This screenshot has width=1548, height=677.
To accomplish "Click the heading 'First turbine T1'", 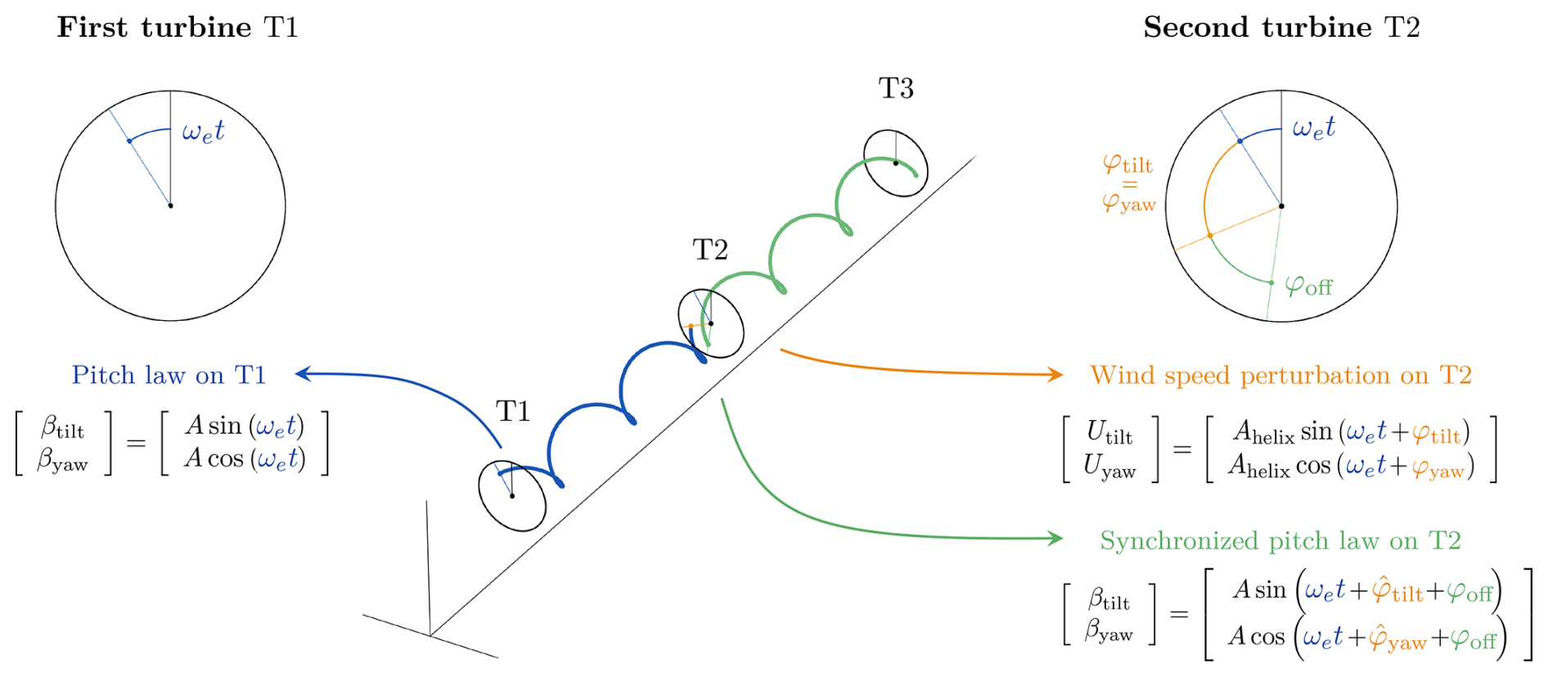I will (x=178, y=28).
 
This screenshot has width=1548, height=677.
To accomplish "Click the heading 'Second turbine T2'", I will (x=1281, y=28).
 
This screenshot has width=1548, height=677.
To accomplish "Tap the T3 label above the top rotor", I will (x=896, y=88).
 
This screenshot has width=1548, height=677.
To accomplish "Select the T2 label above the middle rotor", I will (x=710, y=250).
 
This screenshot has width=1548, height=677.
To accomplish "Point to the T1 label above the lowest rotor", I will (x=513, y=411).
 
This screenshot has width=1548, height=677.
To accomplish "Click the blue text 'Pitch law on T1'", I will (x=169, y=375).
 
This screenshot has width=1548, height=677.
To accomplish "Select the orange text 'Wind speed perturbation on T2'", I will (x=1280, y=375).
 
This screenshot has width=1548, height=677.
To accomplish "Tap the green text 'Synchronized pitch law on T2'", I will (x=1280, y=540).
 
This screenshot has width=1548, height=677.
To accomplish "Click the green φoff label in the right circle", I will (x=1308, y=287).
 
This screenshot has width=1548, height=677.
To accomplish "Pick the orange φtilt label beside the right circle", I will (x=1127, y=165).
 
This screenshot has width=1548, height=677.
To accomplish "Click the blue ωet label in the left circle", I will (x=203, y=131).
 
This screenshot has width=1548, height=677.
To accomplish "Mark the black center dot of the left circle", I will (x=170, y=205).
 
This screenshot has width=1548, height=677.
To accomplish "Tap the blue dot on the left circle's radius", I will (x=129, y=142).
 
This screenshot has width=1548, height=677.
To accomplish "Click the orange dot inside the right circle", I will (x=1210, y=236).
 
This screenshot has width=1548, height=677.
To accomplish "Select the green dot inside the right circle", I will (x=1271, y=283).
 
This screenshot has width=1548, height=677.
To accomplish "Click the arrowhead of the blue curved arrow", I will (x=301, y=374).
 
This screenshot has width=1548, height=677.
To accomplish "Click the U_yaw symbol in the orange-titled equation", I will (x=1109, y=467).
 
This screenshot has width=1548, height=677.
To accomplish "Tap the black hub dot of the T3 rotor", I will (x=896, y=164).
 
